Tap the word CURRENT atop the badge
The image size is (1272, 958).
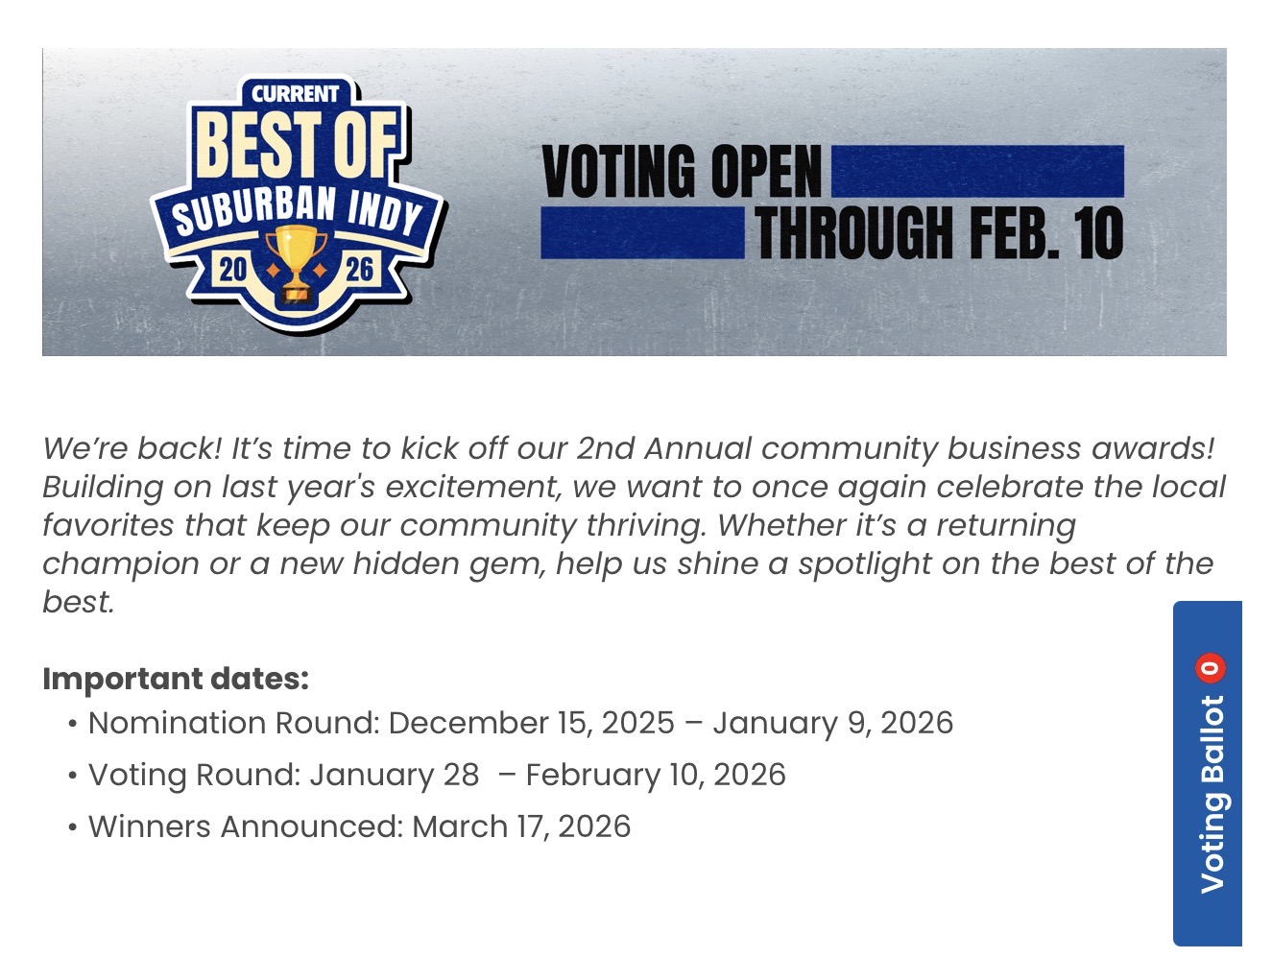click(x=295, y=94)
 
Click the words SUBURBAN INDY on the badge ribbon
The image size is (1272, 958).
click(x=297, y=211)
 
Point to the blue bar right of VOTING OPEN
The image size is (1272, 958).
click(x=976, y=171)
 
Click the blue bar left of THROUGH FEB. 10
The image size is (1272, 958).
click(x=642, y=234)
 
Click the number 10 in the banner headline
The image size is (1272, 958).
click(x=1098, y=234)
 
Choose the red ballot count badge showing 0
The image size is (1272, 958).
click(x=1210, y=668)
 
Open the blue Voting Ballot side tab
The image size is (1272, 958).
click(x=1208, y=787)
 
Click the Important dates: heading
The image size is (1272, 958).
click(x=176, y=679)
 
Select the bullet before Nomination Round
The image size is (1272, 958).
click(x=73, y=724)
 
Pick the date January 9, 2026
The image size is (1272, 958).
click(x=832, y=723)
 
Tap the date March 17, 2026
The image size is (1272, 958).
click(x=521, y=826)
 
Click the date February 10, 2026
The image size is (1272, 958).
click(x=655, y=775)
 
